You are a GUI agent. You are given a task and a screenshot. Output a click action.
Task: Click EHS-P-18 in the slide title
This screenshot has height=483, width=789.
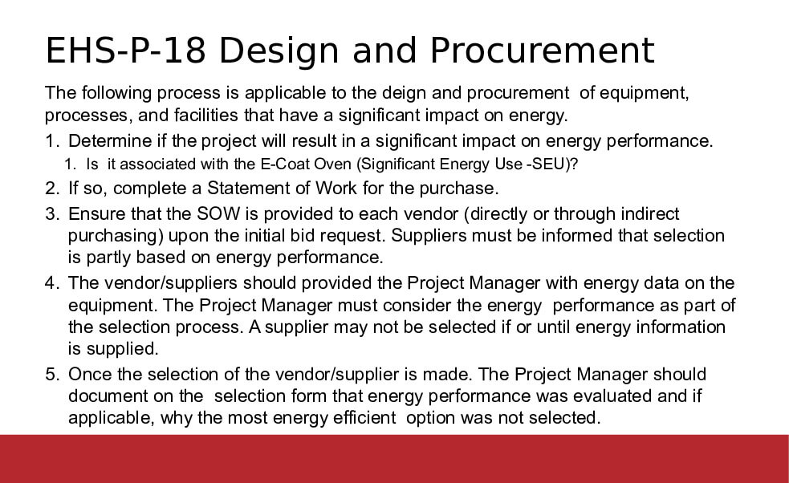pyautogui.click(x=126, y=51)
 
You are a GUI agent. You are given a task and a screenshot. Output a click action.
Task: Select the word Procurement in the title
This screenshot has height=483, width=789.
pyautogui.click(x=542, y=51)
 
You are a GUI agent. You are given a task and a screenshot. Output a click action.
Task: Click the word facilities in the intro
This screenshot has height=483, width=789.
pyautogui.click(x=206, y=116)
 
